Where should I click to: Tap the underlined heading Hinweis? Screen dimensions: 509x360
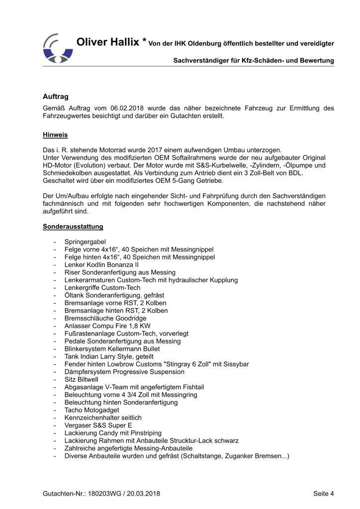click(x=55, y=135)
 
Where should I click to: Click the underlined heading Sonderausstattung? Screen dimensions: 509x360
click(x=73, y=227)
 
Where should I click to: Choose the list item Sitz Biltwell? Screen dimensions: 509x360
click(x=82, y=379)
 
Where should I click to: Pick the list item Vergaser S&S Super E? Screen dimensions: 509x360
click(x=99, y=425)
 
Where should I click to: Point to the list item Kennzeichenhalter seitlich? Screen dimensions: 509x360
click(x=103, y=418)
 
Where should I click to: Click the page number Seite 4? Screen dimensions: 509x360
click(x=324, y=494)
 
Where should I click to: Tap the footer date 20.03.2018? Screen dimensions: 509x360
click(x=144, y=494)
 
